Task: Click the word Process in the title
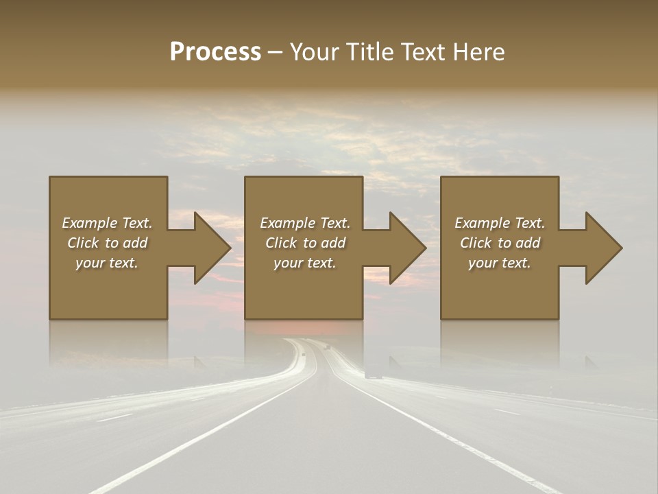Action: point(215,52)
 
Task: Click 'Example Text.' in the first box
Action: point(107,223)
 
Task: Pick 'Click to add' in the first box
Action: point(107,243)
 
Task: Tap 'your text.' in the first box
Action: point(107,263)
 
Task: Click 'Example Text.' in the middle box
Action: point(305,223)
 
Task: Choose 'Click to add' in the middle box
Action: point(305,243)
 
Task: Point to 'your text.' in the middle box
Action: point(305,263)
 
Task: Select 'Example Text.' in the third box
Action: point(500,223)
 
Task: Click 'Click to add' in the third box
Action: point(500,243)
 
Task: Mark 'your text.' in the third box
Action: point(500,263)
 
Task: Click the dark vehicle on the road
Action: point(374,375)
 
